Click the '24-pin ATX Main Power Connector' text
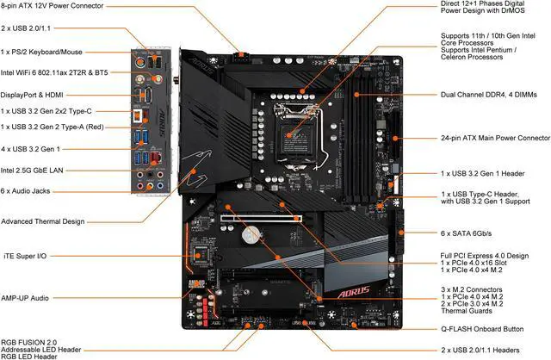(495, 138)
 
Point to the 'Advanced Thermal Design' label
(43, 221)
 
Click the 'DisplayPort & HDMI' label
(37, 95)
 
